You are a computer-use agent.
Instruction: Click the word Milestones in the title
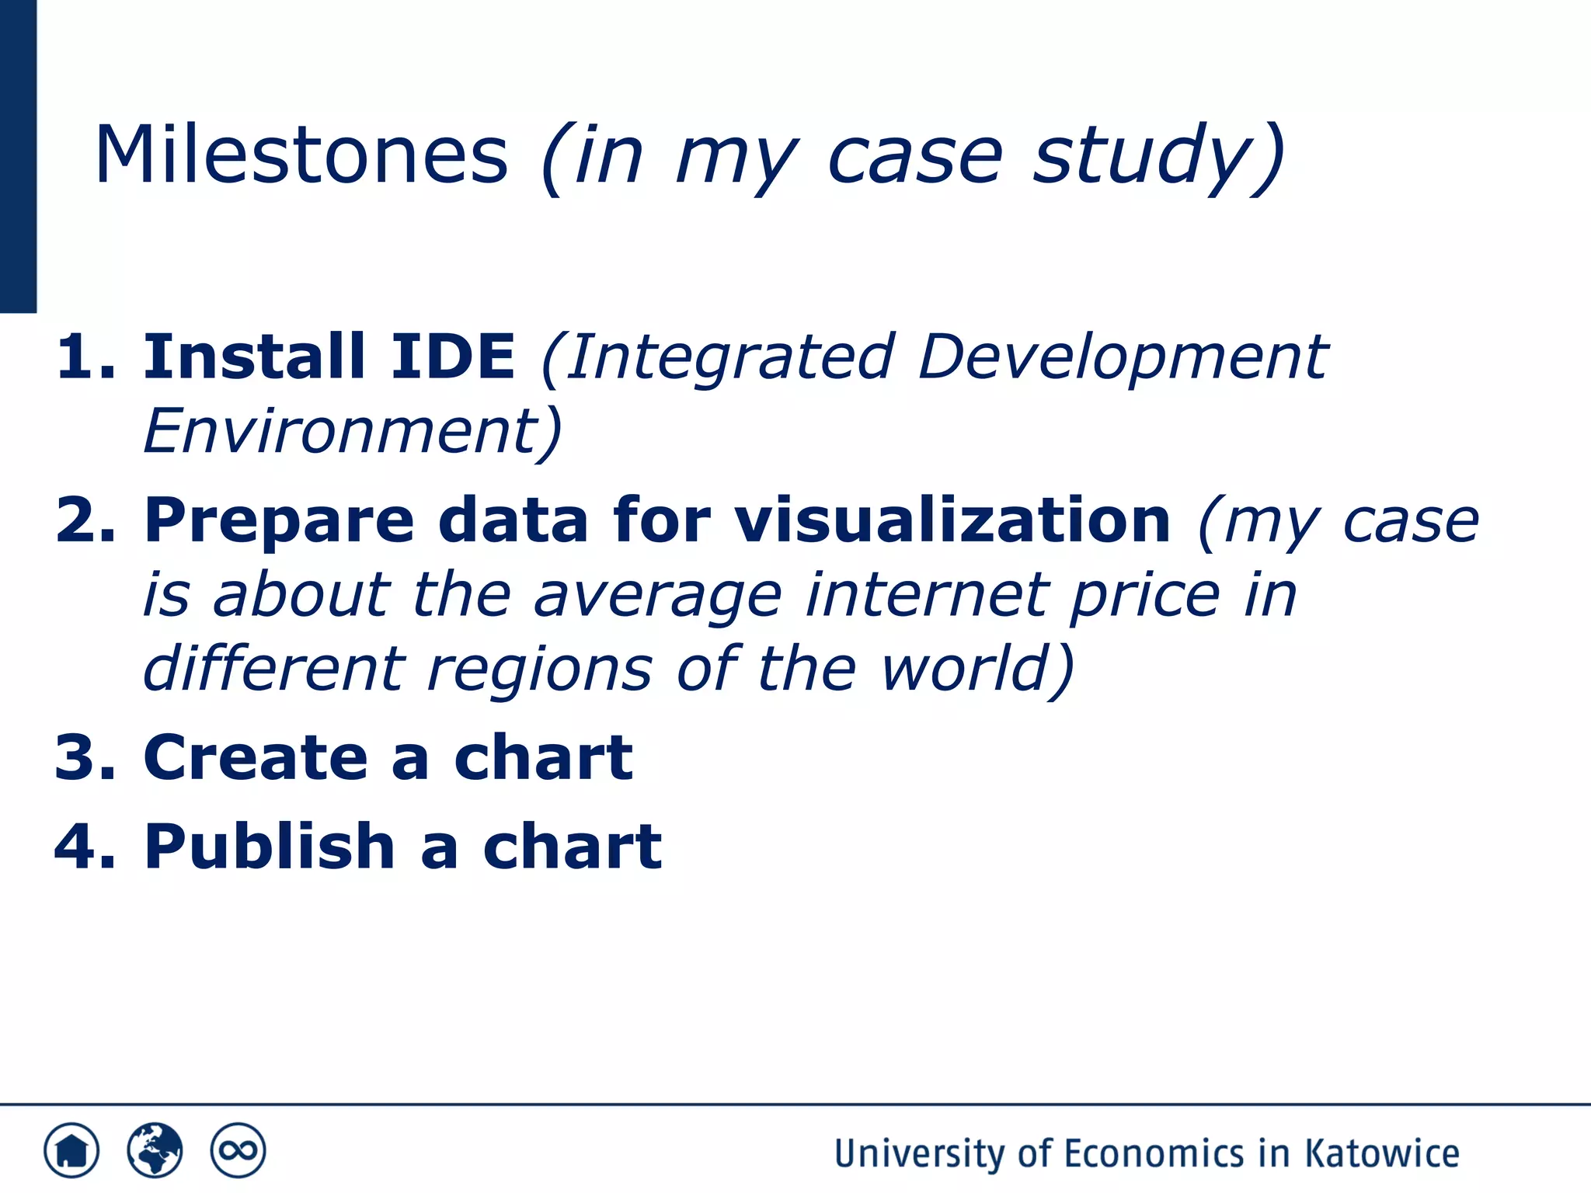click(301, 155)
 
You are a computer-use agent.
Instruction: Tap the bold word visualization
click(952, 520)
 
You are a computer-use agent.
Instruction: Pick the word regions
click(540, 668)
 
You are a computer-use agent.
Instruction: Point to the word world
click(967, 668)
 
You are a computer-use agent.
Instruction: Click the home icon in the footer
click(71, 1150)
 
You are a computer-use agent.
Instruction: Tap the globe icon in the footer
click(155, 1150)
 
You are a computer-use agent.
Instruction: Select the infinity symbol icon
click(238, 1150)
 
